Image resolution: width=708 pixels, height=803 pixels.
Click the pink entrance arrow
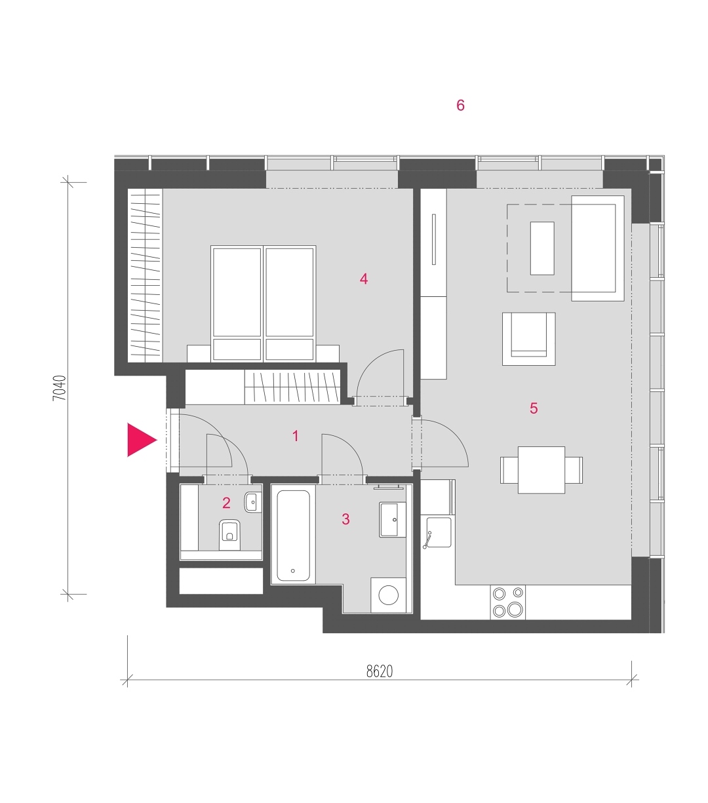[141, 440]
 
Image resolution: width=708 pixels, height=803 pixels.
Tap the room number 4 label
[364, 279]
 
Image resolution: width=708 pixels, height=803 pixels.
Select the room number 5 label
[534, 408]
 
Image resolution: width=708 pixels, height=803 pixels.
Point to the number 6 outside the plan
[460, 106]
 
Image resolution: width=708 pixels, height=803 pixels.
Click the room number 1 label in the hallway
[296, 436]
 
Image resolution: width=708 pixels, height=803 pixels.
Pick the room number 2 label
[226, 503]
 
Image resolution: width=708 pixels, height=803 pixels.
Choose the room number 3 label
[345, 519]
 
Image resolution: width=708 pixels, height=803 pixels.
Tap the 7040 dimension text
[60, 388]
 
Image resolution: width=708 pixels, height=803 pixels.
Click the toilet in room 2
[229, 535]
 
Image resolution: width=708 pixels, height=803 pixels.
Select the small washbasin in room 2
[253, 502]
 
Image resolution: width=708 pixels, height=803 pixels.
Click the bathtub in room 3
[293, 536]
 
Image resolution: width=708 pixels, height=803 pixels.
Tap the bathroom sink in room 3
[393, 520]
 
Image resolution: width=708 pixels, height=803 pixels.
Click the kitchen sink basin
[439, 532]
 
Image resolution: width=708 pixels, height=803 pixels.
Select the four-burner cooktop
[508, 602]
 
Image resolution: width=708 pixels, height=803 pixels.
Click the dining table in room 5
[541, 470]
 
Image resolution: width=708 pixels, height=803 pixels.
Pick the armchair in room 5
[528, 339]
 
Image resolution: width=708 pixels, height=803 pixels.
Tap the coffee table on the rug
[542, 248]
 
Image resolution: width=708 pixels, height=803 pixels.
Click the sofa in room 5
[598, 248]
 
